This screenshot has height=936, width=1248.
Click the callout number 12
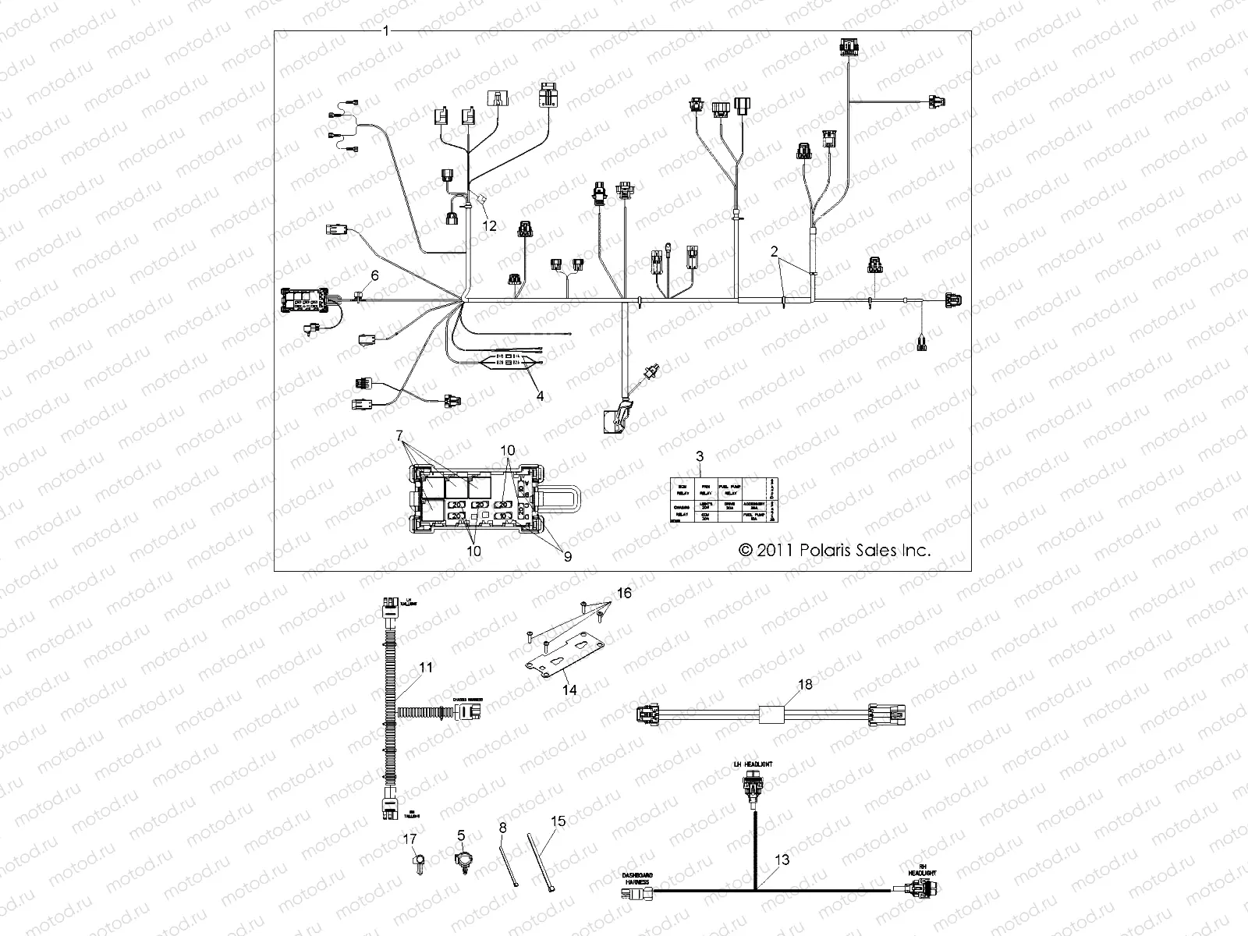[x=489, y=226]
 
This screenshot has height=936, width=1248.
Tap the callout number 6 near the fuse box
[x=374, y=275]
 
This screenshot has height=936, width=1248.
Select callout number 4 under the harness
[x=540, y=396]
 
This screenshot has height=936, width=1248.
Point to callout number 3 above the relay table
[x=700, y=454]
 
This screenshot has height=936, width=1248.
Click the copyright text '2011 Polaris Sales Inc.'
[x=835, y=550]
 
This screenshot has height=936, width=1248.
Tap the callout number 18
[x=806, y=684]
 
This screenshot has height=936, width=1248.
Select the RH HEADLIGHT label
[x=921, y=874]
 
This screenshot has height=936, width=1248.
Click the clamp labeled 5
[x=461, y=863]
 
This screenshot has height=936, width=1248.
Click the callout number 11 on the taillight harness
[x=425, y=668]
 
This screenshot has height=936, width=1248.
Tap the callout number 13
[x=783, y=860]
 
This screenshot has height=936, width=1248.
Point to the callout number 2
[x=774, y=251]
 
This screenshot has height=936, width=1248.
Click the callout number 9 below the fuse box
[x=567, y=557]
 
